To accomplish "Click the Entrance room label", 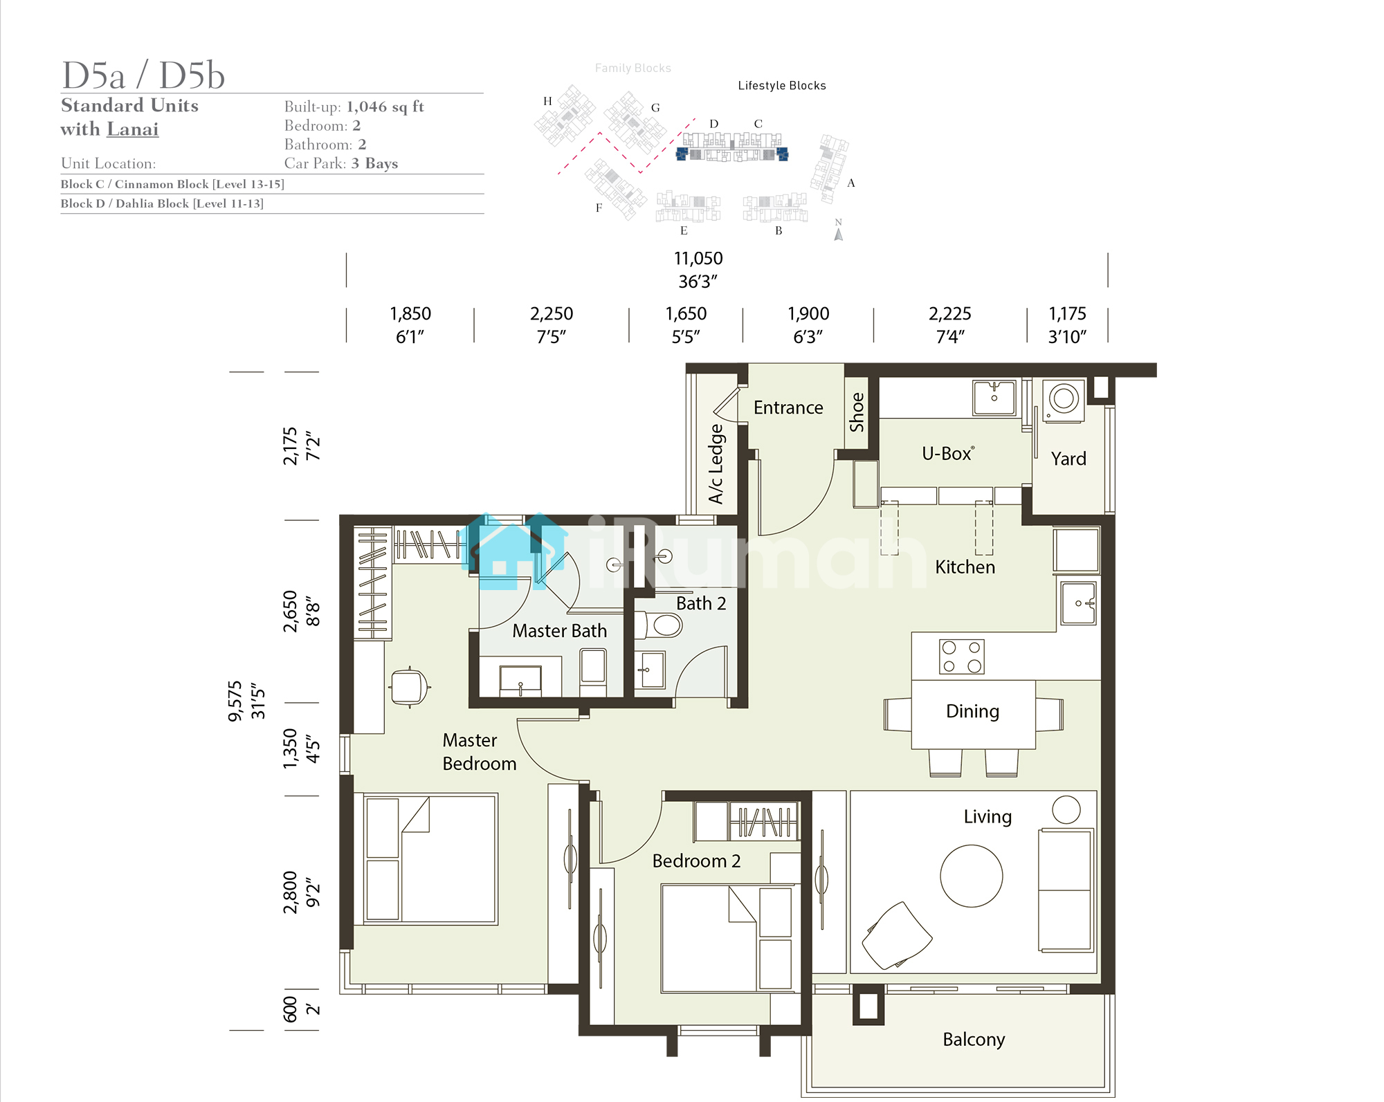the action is click(788, 407).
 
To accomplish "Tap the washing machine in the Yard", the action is click(1064, 399).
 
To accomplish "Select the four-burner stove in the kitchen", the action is click(961, 656).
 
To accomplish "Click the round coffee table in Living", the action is click(971, 876).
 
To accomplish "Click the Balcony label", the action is click(974, 1039).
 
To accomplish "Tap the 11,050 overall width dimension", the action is click(698, 258).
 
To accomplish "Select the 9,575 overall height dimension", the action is click(235, 701).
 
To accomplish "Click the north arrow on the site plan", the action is click(839, 235).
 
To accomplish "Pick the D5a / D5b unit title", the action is click(143, 75).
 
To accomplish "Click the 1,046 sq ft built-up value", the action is click(385, 107).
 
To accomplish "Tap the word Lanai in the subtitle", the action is click(132, 129).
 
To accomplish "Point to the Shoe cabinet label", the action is click(857, 412).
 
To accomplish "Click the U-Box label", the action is click(947, 454).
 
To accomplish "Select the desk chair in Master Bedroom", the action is click(410, 687).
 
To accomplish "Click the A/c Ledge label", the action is click(716, 463).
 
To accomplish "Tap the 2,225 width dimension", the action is click(950, 313).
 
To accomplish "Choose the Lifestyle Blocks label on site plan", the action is click(782, 85).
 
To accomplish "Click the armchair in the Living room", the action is click(897, 936).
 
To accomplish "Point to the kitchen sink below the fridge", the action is click(1079, 603).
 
